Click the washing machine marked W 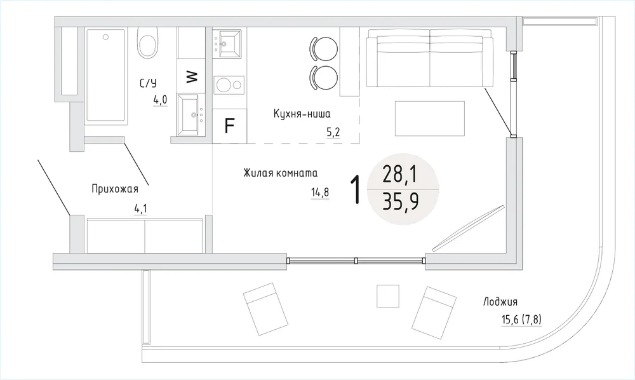coord(192,76)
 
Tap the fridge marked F coord(230,126)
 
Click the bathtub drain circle coord(105,37)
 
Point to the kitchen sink coord(227,43)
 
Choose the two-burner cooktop coord(229,85)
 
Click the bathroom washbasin coord(191,115)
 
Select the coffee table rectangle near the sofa coord(430,119)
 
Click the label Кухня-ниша coord(302,114)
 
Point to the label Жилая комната coord(280,173)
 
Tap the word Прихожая coord(114,189)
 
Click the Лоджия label coord(500,302)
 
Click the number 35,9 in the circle coord(401,201)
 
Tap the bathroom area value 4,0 coord(160,100)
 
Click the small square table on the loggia coord(388,296)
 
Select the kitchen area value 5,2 coord(333,132)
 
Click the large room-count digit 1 coord(355,189)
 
